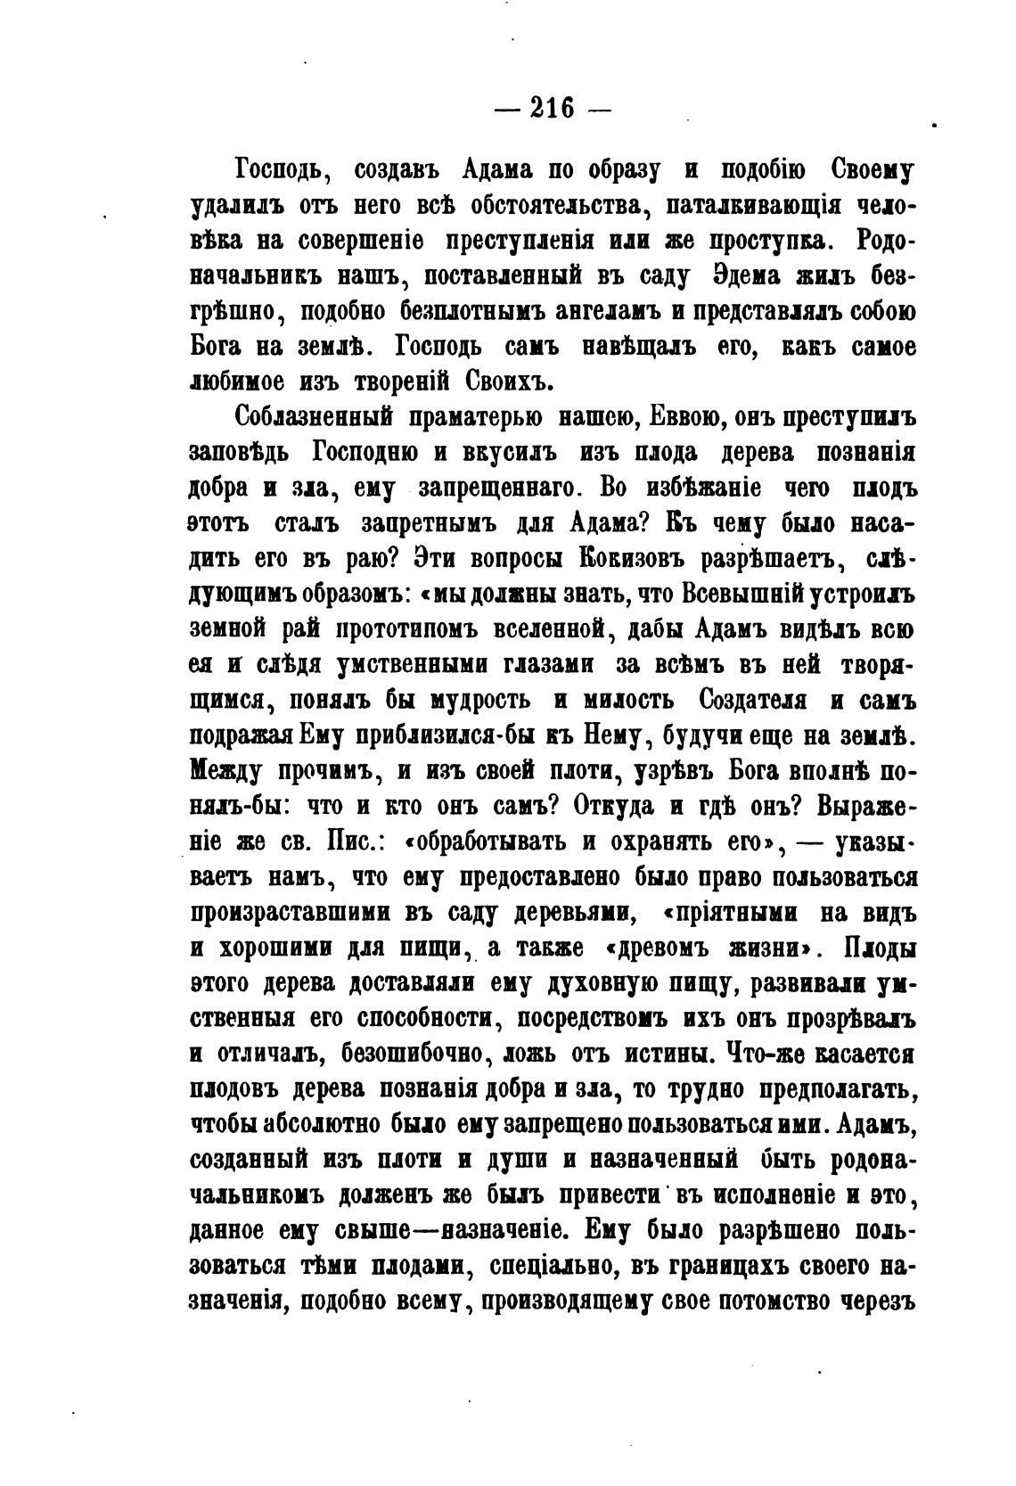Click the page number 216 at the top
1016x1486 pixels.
[x=552, y=108]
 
